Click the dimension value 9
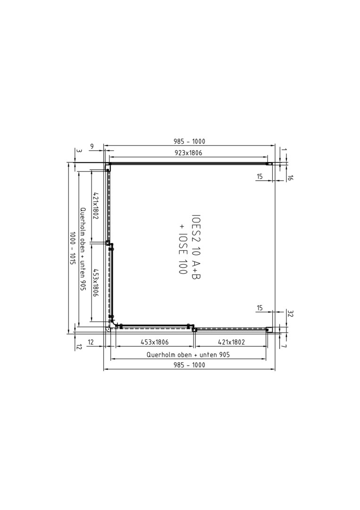(x=92, y=147)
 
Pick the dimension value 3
(x=78, y=151)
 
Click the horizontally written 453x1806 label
(x=154, y=342)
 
